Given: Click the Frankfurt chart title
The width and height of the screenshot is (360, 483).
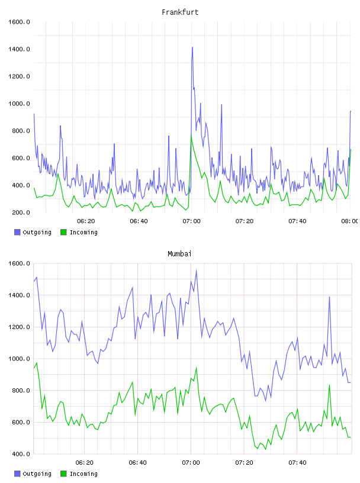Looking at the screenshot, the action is click(x=180, y=12).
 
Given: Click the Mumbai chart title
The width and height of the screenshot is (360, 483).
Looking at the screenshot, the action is click(x=179, y=254).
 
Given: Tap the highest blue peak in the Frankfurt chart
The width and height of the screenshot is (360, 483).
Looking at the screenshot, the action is click(x=192, y=47).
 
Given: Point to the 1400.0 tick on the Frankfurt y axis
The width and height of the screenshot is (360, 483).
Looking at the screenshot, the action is click(x=19, y=49).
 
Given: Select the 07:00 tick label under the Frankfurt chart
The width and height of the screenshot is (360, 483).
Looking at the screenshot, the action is click(x=191, y=221).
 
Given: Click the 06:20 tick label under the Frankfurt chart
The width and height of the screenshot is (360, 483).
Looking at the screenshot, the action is click(x=86, y=221).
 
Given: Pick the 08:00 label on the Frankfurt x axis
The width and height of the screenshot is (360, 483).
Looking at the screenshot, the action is click(x=350, y=221).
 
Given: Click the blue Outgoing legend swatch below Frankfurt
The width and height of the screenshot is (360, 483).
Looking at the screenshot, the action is click(x=17, y=232).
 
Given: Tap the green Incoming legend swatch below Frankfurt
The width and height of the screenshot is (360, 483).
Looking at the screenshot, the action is click(x=63, y=232).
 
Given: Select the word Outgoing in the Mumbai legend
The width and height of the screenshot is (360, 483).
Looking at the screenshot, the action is click(x=37, y=474).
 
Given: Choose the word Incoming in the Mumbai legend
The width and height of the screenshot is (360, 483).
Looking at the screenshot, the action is click(x=83, y=474).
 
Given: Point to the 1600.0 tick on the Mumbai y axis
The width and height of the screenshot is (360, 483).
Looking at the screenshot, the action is click(x=19, y=263).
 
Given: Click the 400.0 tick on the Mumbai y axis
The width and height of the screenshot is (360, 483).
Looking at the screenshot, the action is click(x=21, y=454).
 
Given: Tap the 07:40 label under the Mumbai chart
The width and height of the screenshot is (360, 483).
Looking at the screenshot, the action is click(x=297, y=463).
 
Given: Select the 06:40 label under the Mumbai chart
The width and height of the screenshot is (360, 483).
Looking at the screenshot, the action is click(x=138, y=463).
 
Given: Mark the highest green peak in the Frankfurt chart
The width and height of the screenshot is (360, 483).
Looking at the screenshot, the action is click(x=191, y=136).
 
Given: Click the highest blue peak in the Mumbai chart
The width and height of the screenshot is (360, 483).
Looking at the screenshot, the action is click(x=197, y=270).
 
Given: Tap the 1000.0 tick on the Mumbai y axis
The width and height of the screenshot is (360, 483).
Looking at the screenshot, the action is click(x=19, y=359).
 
